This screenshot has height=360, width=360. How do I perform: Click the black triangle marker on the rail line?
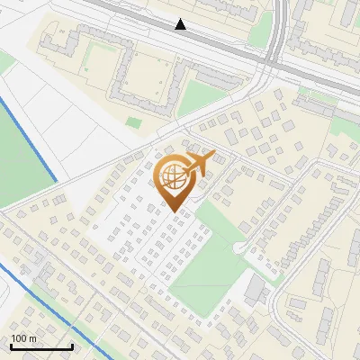pos(181,24)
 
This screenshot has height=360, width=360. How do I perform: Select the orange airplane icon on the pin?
pos(201,164)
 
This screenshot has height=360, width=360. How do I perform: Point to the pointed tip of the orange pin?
pos(172,211)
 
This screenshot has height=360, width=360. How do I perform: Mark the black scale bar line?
pos(40,346)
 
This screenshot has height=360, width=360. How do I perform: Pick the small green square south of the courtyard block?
pos(134,122)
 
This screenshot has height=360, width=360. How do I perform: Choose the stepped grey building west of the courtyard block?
pos(72,40)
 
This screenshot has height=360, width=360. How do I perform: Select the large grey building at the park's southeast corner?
pos(255,289)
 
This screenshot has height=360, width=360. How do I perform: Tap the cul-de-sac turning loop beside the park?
pos(239,247)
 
